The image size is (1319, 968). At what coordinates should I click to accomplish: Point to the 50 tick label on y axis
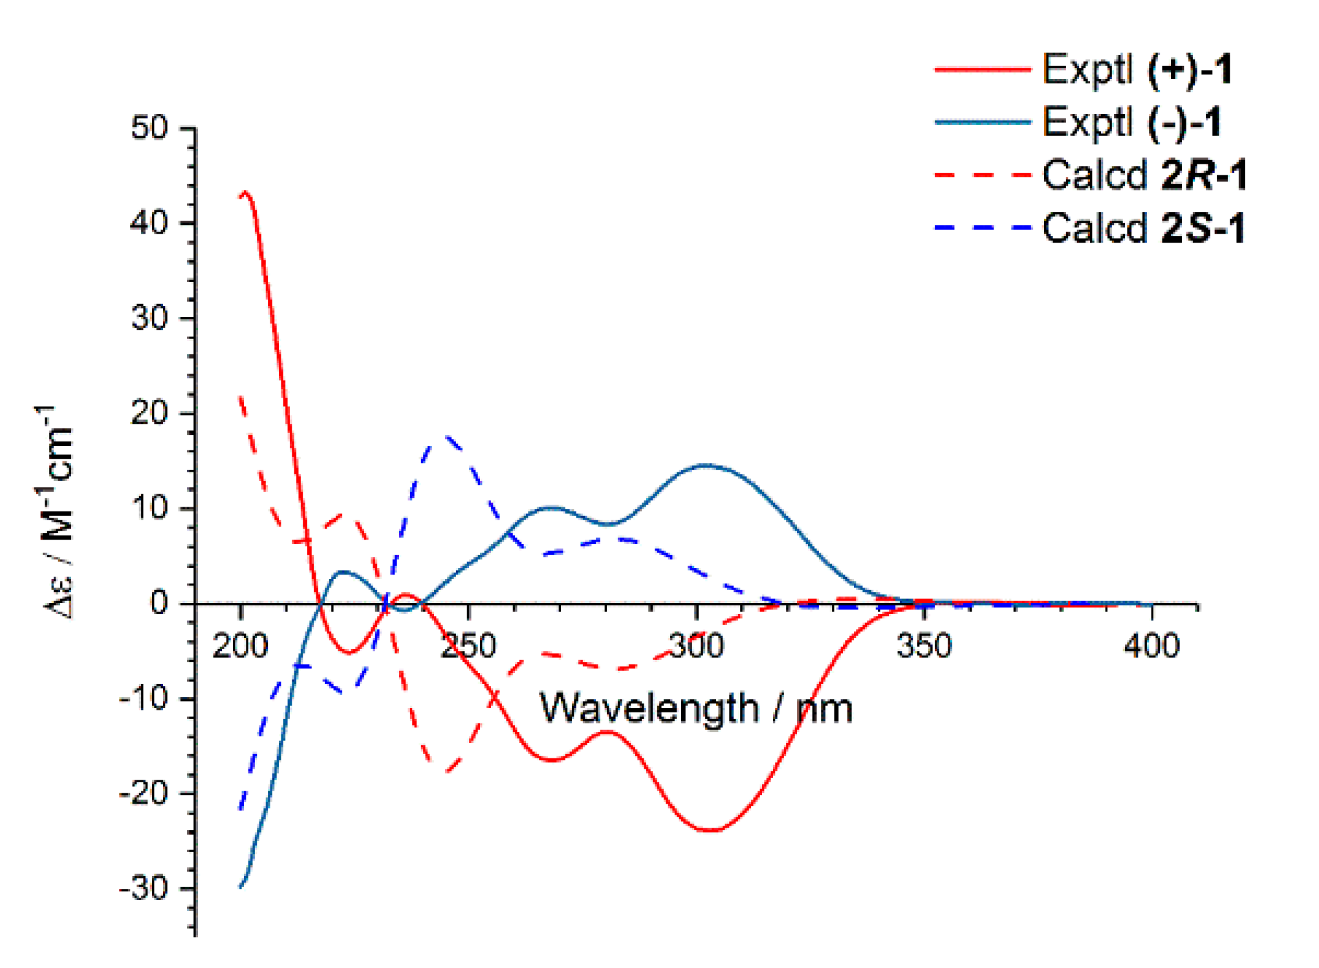coord(149,127)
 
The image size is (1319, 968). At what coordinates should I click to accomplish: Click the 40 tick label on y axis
coord(149,223)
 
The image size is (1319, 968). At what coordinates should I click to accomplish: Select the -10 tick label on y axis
coord(143,699)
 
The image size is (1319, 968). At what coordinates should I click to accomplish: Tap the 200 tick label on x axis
coord(240,646)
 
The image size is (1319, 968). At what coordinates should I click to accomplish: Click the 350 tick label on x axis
coord(924,646)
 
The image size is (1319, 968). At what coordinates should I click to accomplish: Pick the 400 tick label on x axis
coord(1151,646)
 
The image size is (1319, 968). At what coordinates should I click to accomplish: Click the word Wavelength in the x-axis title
coord(649,709)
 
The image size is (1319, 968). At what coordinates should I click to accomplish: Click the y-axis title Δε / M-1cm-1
coord(57,511)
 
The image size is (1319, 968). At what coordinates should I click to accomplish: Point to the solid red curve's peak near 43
coord(245,193)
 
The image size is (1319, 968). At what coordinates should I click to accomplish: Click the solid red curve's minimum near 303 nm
coord(712,830)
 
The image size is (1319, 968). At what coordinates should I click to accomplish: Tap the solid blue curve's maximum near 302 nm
coord(706,465)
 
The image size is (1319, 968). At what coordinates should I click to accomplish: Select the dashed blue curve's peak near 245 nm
coord(446,437)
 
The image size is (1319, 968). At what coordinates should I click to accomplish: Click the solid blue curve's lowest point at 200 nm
coord(241,886)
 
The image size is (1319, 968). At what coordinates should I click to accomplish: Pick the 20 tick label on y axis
coord(149,413)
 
